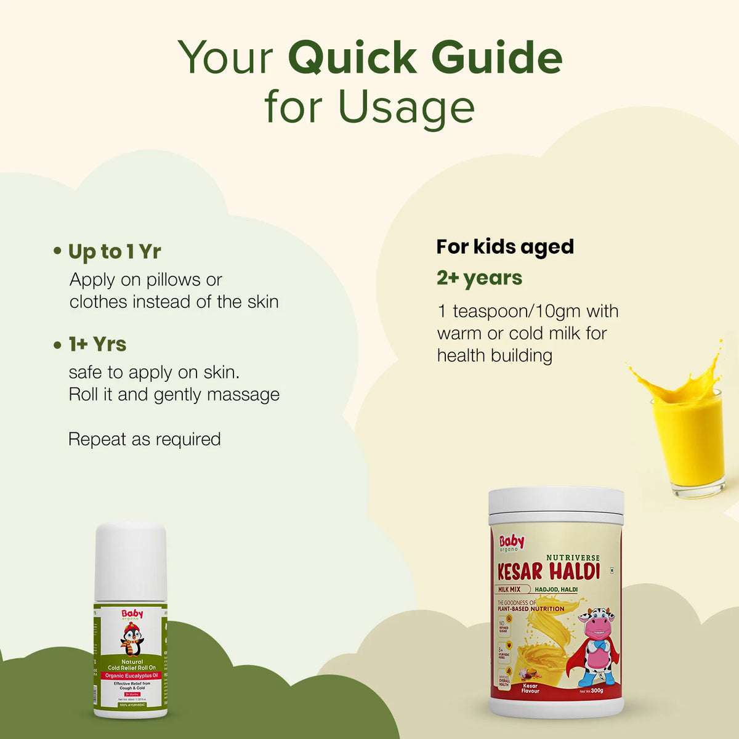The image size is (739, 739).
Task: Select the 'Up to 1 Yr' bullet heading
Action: (x=115, y=252)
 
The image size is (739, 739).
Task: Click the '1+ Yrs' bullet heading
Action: (x=97, y=344)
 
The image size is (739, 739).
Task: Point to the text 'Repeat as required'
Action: (x=145, y=439)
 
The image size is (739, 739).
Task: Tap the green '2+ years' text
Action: (x=479, y=278)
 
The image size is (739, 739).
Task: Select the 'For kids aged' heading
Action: (x=505, y=246)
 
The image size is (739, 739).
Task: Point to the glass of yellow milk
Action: (x=686, y=440)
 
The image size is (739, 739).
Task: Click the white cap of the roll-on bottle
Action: (x=130, y=560)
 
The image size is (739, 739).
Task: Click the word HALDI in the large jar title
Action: (x=574, y=571)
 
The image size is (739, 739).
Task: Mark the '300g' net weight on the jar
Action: (x=596, y=690)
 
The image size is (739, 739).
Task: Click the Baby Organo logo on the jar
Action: (x=512, y=543)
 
